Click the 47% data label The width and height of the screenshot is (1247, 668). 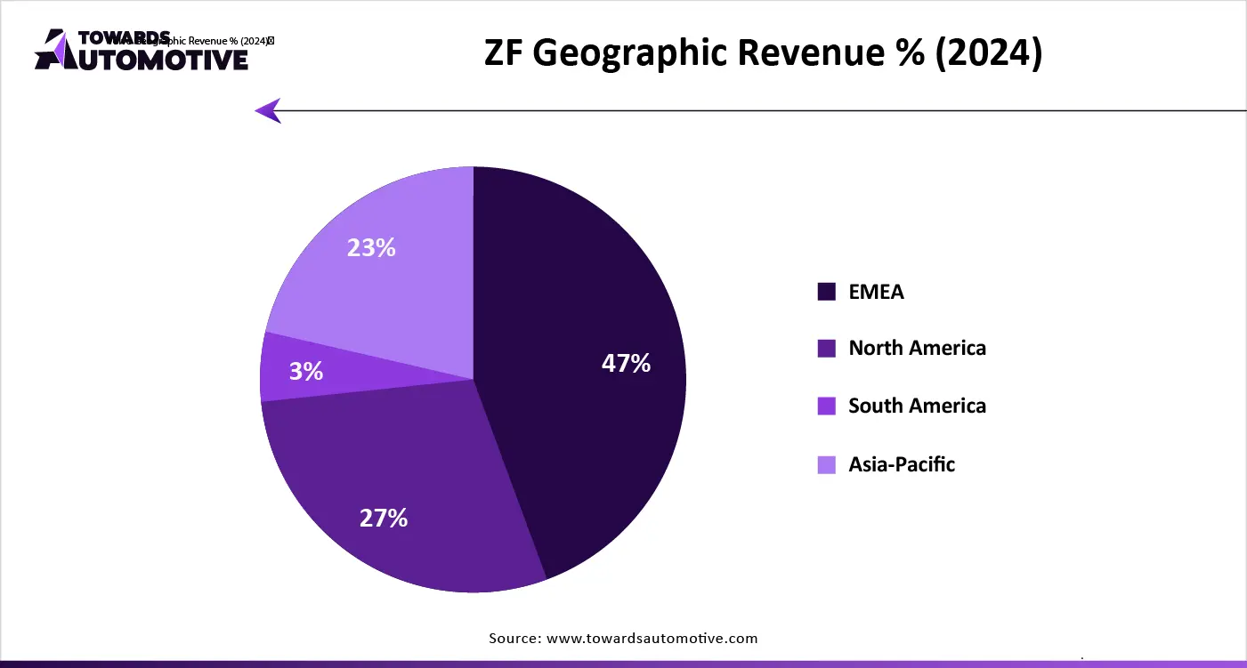pyautogui.click(x=626, y=363)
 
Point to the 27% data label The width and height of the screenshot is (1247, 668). pyautogui.click(x=384, y=518)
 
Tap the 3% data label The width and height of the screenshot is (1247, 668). pyautogui.click(x=306, y=371)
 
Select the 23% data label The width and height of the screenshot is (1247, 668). pyautogui.click(x=371, y=247)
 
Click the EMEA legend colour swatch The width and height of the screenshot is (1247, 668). pyautogui.click(x=827, y=292)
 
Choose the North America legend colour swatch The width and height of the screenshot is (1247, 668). pyautogui.click(x=827, y=349)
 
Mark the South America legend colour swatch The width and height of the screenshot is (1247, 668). pyautogui.click(x=827, y=406)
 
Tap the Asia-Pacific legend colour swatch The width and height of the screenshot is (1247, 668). pyautogui.click(x=827, y=464)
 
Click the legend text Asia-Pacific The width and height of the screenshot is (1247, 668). pyautogui.click(x=902, y=464)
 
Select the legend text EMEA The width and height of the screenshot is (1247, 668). pyautogui.click(x=876, y=292)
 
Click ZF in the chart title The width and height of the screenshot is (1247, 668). pyautogui.click(x=505, y=54)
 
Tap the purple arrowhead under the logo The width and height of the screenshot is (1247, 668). pyautogui.click(x=268, y=110)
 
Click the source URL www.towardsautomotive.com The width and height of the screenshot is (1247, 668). pyautogui.click(x=652, y=638)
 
